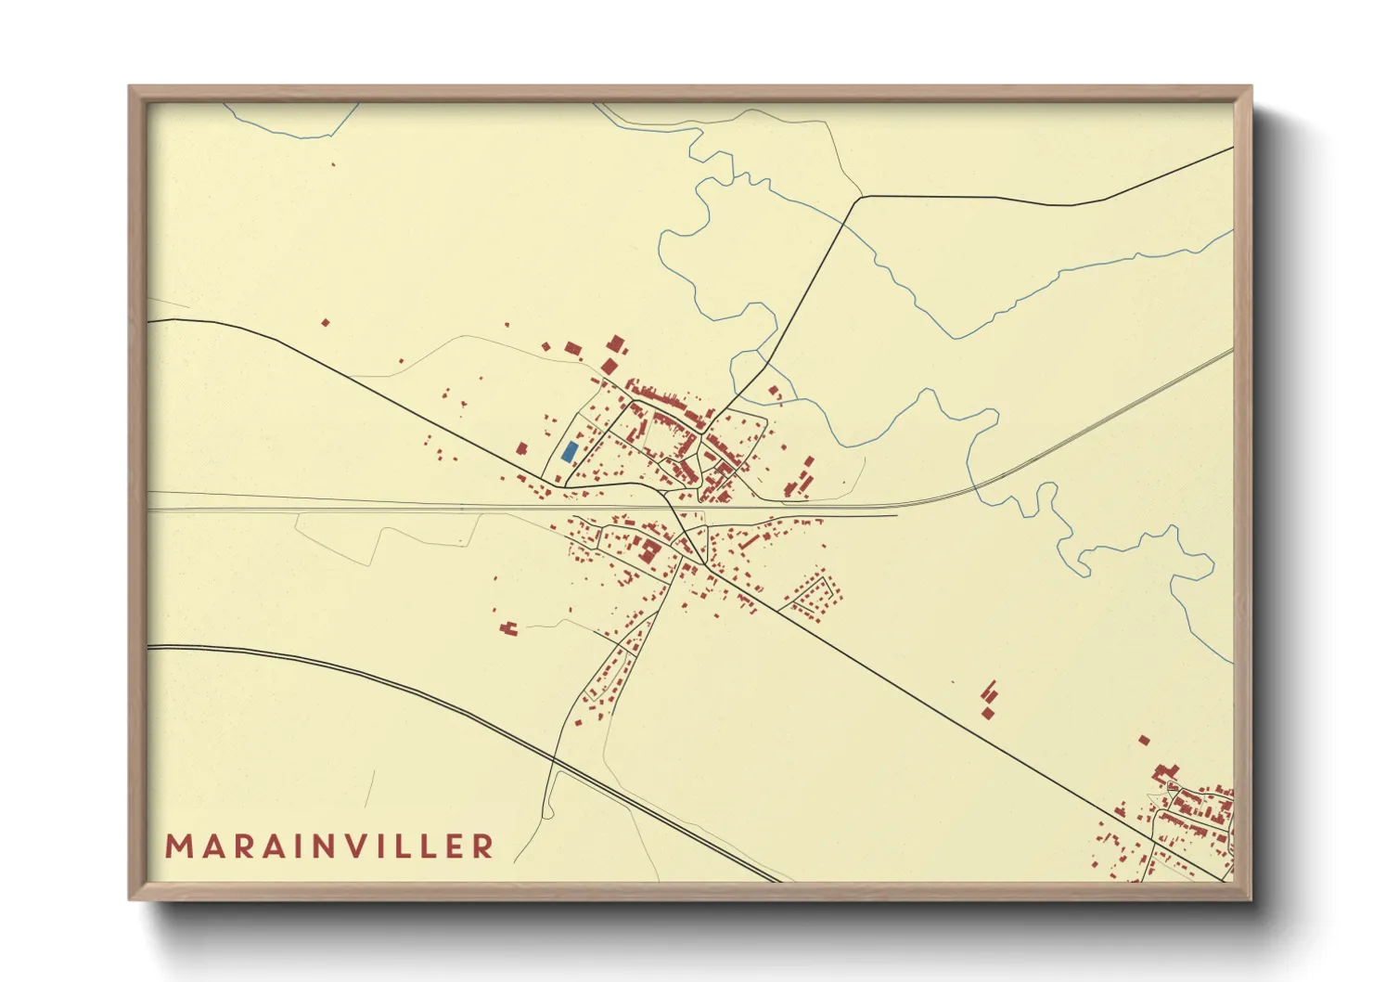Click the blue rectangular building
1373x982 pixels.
pos(570,452)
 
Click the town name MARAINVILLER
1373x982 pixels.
pos(329,846)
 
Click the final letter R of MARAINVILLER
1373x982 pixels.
pos(482,846)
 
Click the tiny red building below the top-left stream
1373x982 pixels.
pos(333,165)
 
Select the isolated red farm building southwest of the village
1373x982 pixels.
pos(507,628)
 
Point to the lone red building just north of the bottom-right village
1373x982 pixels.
pos(1144,740)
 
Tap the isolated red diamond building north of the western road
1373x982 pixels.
pos(325,323)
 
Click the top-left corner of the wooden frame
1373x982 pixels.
pos(131,88)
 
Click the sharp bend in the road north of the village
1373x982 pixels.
pos(860,197)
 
